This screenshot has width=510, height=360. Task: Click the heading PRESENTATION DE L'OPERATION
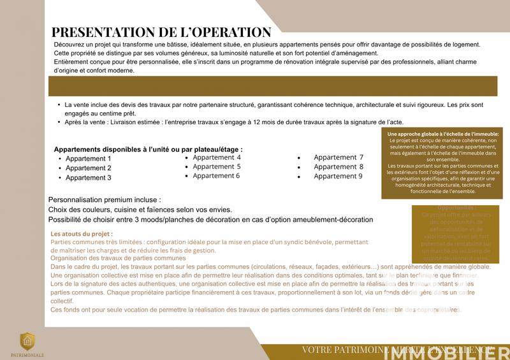coord(161,32)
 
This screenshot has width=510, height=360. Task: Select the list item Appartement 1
coord(89,159)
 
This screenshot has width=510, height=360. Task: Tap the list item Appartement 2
coord(89,168)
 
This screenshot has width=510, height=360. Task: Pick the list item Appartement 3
coord(89,178)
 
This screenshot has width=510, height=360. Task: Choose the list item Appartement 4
coord(217,157)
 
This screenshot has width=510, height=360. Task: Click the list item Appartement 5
coord(217,166)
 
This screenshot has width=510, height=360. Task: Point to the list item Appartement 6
coord(217,176)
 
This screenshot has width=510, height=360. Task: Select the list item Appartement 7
coord(339,157)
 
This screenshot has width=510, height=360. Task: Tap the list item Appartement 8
coord(339,167)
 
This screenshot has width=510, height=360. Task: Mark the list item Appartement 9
coord(339,176)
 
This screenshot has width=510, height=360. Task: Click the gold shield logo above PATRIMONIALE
coord(27,342)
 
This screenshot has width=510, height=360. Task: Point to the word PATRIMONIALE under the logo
coord(27,354)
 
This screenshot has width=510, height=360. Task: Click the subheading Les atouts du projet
coord(81,234)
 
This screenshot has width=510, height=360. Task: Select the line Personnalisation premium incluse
coord(100,199)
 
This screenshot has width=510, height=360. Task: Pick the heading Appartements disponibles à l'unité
coord(148,149)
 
